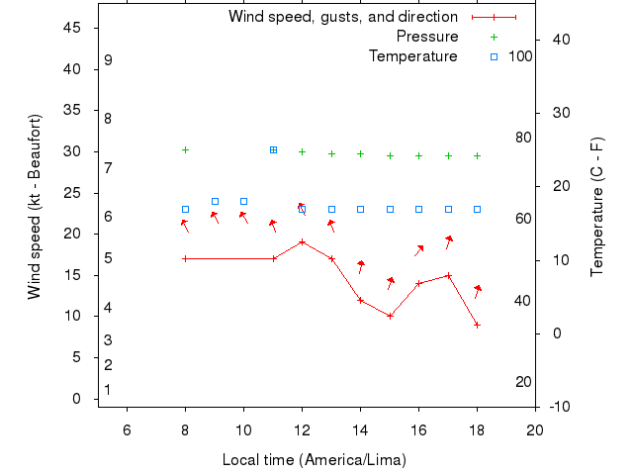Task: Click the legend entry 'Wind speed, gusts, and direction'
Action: tap(342, 17)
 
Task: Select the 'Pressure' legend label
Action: tap(426, 37)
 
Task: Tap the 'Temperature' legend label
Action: tap(412, 56)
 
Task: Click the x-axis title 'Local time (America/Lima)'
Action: tap(315, 460)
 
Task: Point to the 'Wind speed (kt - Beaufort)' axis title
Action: tap(34, 207)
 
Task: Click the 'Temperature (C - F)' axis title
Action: tap(596, 207)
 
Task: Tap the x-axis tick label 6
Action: tap(127, 428)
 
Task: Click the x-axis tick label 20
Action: tap(535, 428)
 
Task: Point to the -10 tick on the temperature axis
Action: tap(558, 407)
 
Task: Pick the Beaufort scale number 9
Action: tap(108, 60)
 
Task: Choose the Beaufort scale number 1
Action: tap(108, 390)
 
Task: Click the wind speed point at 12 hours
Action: tap(302, 241)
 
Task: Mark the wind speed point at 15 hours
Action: tap(390, 316)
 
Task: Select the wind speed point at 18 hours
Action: tap(477, 325)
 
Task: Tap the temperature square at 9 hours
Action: tap(215, 201)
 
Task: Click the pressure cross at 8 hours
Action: tap(185, 149)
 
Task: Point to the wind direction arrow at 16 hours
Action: tap(419, 250)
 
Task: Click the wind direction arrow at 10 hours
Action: tap(243, 217)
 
